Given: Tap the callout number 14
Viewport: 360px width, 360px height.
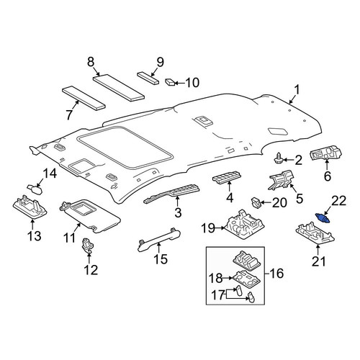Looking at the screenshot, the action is (50, 174).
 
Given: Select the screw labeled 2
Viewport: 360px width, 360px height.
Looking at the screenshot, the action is (279, 158).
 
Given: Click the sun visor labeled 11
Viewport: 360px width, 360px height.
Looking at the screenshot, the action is (90, 217).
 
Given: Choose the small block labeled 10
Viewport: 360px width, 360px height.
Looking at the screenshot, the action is (170, 82).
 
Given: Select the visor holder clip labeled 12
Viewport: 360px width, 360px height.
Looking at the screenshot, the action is (88, 244).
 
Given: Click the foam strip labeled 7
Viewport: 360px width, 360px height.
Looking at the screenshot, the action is (84, 98).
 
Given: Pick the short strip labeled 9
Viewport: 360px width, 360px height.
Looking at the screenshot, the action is (148, 78).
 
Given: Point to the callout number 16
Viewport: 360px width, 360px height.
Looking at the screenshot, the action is (276, 274).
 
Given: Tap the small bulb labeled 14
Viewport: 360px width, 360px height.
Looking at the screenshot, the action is (35, 189).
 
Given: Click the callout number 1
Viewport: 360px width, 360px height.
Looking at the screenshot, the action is (297, 90).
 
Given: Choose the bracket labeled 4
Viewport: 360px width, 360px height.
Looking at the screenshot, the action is (227, 177).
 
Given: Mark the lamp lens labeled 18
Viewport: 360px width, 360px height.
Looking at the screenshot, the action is (246, 279).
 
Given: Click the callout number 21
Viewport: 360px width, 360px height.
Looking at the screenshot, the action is (319, 261).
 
